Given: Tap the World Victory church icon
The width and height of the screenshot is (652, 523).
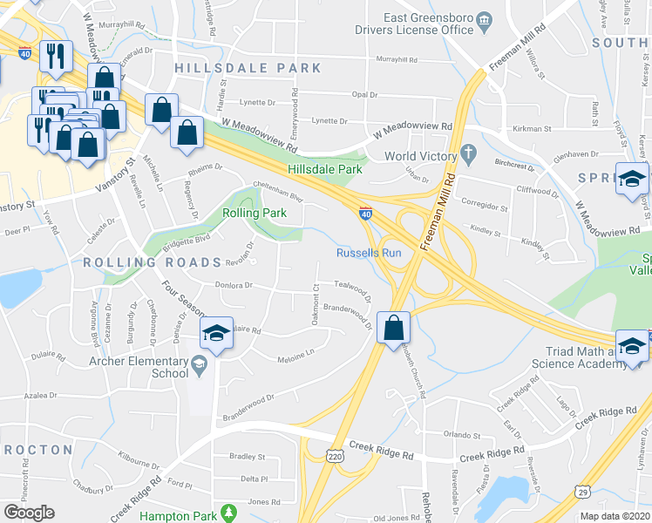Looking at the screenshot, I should click(468, 156).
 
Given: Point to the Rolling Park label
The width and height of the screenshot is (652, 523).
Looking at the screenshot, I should click(254, 213).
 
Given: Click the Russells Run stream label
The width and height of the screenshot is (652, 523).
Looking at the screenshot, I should click(369, 254).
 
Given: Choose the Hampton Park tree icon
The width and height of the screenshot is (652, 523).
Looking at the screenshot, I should click(228, 513).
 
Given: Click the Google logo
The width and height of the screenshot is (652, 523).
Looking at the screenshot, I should click(29, 513).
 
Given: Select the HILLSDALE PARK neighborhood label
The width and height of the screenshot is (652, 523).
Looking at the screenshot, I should click(248, 68).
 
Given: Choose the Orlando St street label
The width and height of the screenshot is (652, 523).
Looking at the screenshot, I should click(461, 434).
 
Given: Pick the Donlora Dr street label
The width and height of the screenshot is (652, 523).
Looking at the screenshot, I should click(234, 285).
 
